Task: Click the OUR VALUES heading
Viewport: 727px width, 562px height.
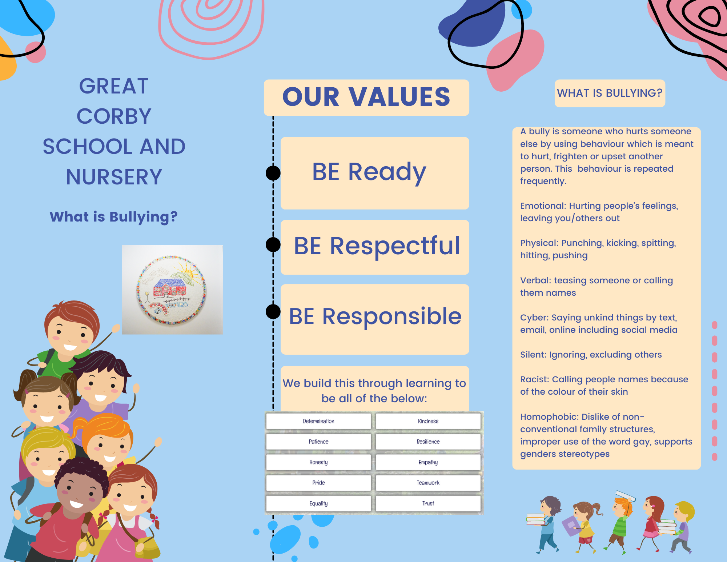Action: [x=366, y=97]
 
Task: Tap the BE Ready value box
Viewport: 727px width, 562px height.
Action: [x=375, y=173]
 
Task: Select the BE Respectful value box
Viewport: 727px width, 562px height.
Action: [x=375, y=247]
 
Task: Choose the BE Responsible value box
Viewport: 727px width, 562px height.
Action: [x=375, y=319]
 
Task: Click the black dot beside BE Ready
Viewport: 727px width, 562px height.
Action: [x=273, y=173]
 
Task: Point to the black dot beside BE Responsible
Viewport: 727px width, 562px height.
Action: [x=273, y=311]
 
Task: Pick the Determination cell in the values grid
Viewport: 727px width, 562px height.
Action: [x=318, y=421]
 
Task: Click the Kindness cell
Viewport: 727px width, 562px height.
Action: [x=428, y=421]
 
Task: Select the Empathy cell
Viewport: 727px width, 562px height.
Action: [x=428, y=462]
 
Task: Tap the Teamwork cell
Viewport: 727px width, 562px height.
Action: [x=428, y=483]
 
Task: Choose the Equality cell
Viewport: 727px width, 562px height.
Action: [x=318, y=503]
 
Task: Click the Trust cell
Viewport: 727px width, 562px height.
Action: [x=428, y=503]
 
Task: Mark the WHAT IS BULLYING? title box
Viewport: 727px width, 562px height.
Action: [x=610, y=93]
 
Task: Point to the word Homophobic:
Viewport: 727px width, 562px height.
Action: [x=549, y=417]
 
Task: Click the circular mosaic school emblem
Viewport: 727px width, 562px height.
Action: [x=171, y=290]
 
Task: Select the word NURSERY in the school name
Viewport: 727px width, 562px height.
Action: [x=114, y=177]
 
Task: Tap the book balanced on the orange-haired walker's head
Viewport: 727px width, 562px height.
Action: [x=625, y=495]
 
